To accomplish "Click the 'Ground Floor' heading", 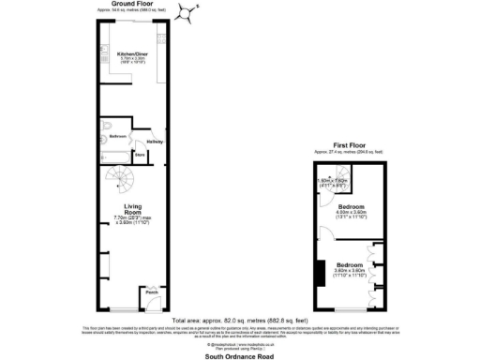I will pyautogui.click(x=133, y=4).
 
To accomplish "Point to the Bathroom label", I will pyautogui.click(x=117, y=136).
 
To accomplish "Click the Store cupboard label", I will pyautogui.click(x=139, y=155).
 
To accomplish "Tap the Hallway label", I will pyautogui.click(x=154, y=142).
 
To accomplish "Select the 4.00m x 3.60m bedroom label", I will pyautogui.click(x=352, y=208).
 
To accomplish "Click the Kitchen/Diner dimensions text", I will pyautogui.click(x=132, y=62).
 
